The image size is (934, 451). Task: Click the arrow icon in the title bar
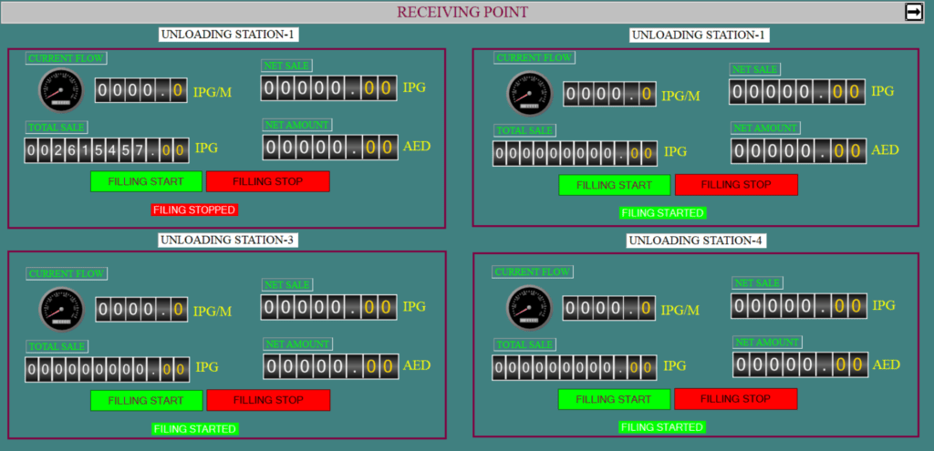[913, 12]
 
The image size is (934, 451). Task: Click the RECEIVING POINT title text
[462, 12]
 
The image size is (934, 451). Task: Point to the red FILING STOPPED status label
[194, 210]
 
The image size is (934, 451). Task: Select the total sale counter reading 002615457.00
[107, 150]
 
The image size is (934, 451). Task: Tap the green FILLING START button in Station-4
[614, 399]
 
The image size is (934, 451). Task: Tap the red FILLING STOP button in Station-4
[736, 399]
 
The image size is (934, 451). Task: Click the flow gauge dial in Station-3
[62, 310]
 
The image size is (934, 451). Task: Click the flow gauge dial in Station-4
[529, 308]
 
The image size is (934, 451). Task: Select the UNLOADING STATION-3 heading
[228, 240]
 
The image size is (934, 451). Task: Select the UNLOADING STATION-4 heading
[696, 241]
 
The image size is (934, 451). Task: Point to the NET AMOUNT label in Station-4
[767, 342]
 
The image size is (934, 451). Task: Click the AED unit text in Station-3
[417, 365]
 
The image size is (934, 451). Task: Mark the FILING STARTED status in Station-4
[662, 427]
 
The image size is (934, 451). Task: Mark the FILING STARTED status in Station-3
[195, 429]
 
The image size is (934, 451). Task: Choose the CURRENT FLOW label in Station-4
[532, 272]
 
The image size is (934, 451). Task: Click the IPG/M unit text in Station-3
[213, 312]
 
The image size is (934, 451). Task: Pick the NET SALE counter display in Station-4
[799, 306]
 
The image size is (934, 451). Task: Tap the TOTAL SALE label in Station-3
[57, 346]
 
